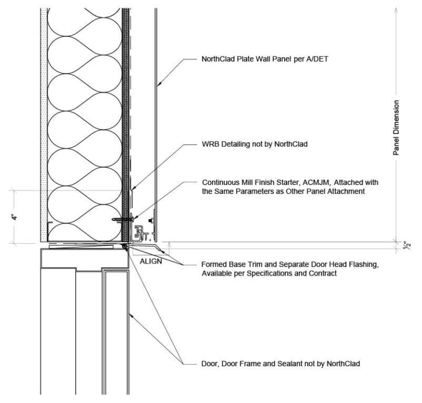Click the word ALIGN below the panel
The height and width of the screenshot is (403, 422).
(151, 261)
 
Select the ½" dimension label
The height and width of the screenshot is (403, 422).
(406, 245)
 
